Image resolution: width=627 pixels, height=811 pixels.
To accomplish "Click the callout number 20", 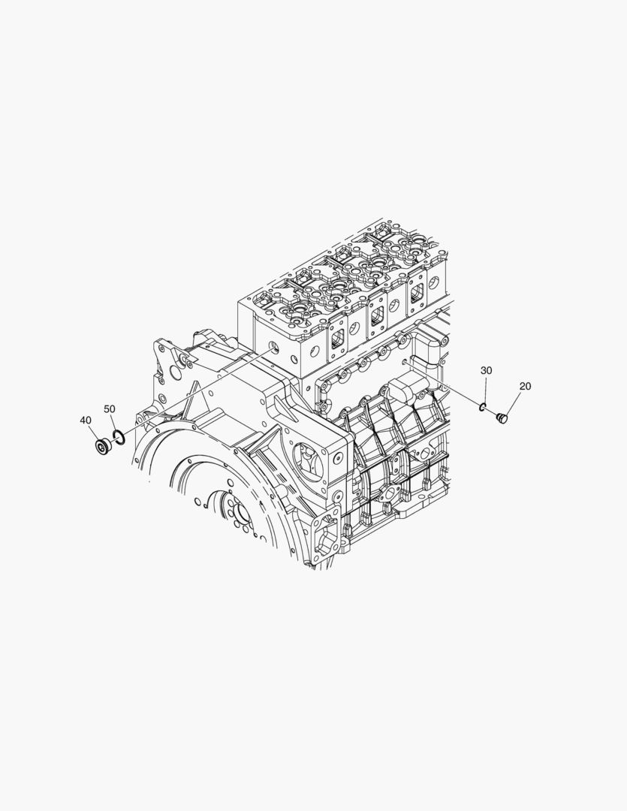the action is (525, 386).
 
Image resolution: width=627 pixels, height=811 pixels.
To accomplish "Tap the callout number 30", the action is (487, 370).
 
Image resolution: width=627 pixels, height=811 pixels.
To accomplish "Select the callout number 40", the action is (86, 421).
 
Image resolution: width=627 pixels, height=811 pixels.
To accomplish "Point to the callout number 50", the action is (109, 409).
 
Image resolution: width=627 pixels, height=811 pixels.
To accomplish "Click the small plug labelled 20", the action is (502, 417).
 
